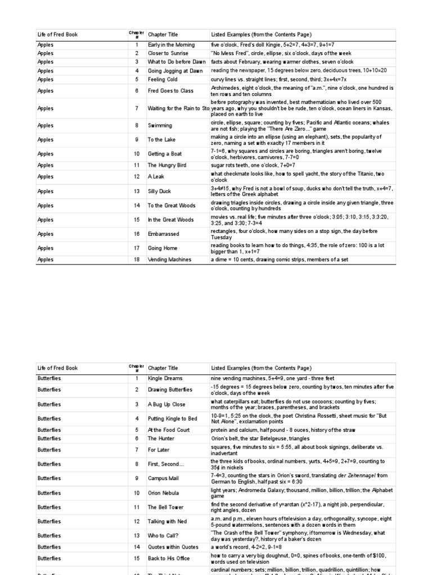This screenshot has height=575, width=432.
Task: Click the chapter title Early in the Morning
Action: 171,45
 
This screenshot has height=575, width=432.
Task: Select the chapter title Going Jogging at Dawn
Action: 175,71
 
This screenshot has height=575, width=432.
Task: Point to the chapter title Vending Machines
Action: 169,259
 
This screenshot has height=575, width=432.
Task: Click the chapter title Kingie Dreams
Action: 165,378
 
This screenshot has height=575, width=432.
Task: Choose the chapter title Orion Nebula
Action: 164,493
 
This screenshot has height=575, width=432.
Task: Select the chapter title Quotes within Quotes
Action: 174,547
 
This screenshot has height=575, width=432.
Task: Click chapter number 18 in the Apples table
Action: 136,259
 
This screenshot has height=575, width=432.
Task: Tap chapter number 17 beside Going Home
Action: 136,248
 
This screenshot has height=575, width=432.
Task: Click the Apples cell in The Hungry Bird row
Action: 46,166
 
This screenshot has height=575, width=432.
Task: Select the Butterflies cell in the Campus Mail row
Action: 50,478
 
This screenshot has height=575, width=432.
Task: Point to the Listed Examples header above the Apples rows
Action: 261,35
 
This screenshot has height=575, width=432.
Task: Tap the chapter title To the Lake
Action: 162,140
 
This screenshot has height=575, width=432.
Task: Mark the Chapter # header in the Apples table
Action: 136,35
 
